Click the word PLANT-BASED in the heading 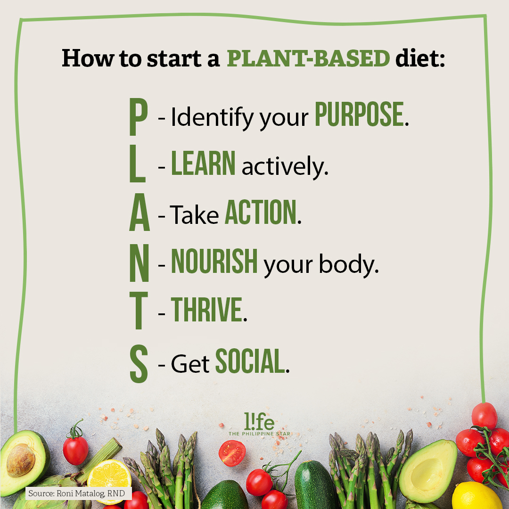click(x=308, y=58)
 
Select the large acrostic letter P click(x=139, y=116)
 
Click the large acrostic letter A click(x=140, y=212)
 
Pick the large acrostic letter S click(x=139, y=363)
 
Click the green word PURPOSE click(x=359, y=114)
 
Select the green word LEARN click(x=203, y=163)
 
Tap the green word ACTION click(x=261, y=212)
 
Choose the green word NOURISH click(x=214, y=261)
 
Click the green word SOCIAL click(x=250, y=361)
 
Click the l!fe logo click(x=259, y=421)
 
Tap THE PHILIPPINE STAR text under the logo click(x=259, y=434)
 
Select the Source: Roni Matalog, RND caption click(x=77, y=493)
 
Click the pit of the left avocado click(x=21, y=460)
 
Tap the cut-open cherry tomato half click(x=232, y=453)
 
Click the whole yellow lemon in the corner click(x=476, y=496)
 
